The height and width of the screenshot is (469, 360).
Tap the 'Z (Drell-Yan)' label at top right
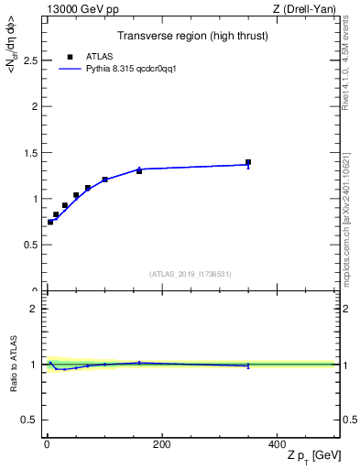point(305,9)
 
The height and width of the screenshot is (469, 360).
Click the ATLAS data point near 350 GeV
point(248,162)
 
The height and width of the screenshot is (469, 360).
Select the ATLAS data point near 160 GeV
point(139,171)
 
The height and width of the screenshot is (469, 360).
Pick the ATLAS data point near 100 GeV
point(104,180)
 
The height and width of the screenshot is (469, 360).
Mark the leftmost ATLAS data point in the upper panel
point(50,222)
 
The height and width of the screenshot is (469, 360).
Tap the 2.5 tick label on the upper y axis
point(29,60)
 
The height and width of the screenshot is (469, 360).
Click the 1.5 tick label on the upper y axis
point(29,152)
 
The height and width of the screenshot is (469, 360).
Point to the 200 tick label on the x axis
point(161,444)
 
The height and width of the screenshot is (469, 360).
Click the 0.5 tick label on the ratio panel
point(29,420)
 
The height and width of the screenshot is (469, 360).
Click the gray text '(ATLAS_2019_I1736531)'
point(190,274)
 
